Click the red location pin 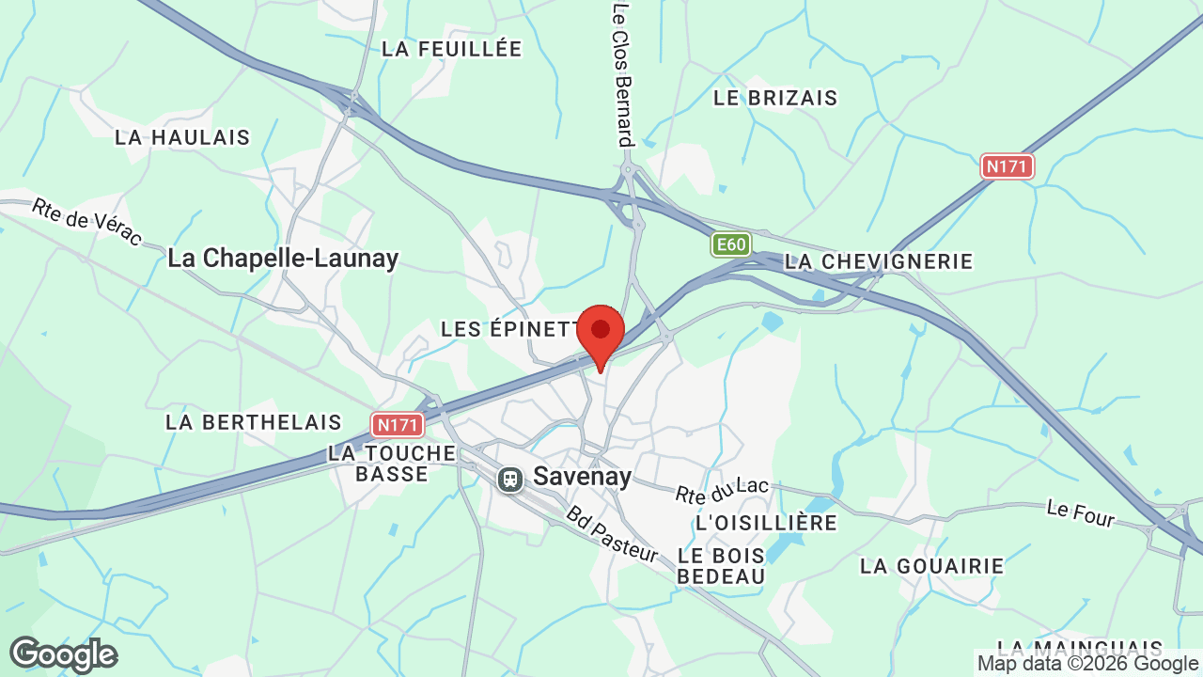pyautogui.click(x=601, y=332)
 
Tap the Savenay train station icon pyautogui.click(x=510, y=479)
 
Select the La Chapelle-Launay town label pyautogui.click(x=283, y=258)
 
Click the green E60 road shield pyautogui.click(x=730, y=245)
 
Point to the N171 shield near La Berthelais pyautogui.click(x=397, y=425)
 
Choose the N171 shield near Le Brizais pyautogui.click(x=1008, y=166)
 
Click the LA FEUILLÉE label pyautogui.click(x=451, y=49)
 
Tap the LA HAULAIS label pyautogui.click(x=182, y=137)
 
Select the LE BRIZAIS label pyautogui.click(x=775, y=98)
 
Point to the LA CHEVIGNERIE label pyautogui.click(x=879, y=261)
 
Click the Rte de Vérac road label pyautogui.click(x=86, y=221)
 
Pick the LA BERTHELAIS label pyautogui.click(x=254, y=422)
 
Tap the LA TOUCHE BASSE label pyautogui.click(x=392, y=464)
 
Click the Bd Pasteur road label pyautogui.click(x=612, y=534)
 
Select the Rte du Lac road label pyautogui.click(x=722, y=490)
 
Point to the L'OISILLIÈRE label pyautogui.click(x=766, y=522)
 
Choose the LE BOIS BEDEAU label pyautogui.click(x=721, y=565)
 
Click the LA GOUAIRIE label pyautogui.click(x=932, y=566)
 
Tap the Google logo pyautogui.click(x=64, y=654)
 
